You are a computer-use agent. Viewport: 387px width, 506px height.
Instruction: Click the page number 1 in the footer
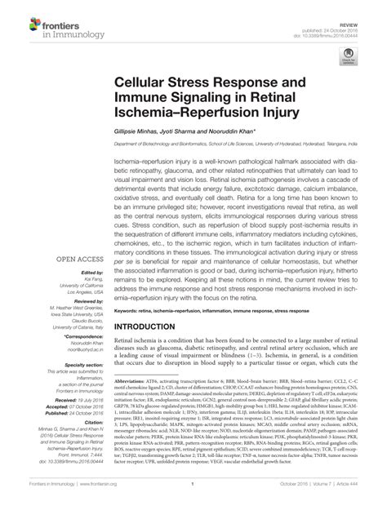pyautogui.click(x=193, y=493)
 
